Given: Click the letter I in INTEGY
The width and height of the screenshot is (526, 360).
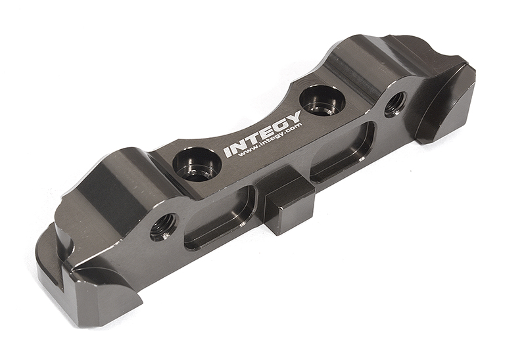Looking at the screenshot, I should point(227,152).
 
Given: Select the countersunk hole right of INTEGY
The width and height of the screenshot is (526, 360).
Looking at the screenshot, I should point(322,100).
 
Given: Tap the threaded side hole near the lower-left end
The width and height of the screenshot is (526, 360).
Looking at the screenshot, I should point(162,227).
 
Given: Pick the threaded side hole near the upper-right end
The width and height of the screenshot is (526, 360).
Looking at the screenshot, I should point(394,104).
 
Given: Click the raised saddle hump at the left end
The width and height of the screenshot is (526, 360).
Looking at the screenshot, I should point(112,184).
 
